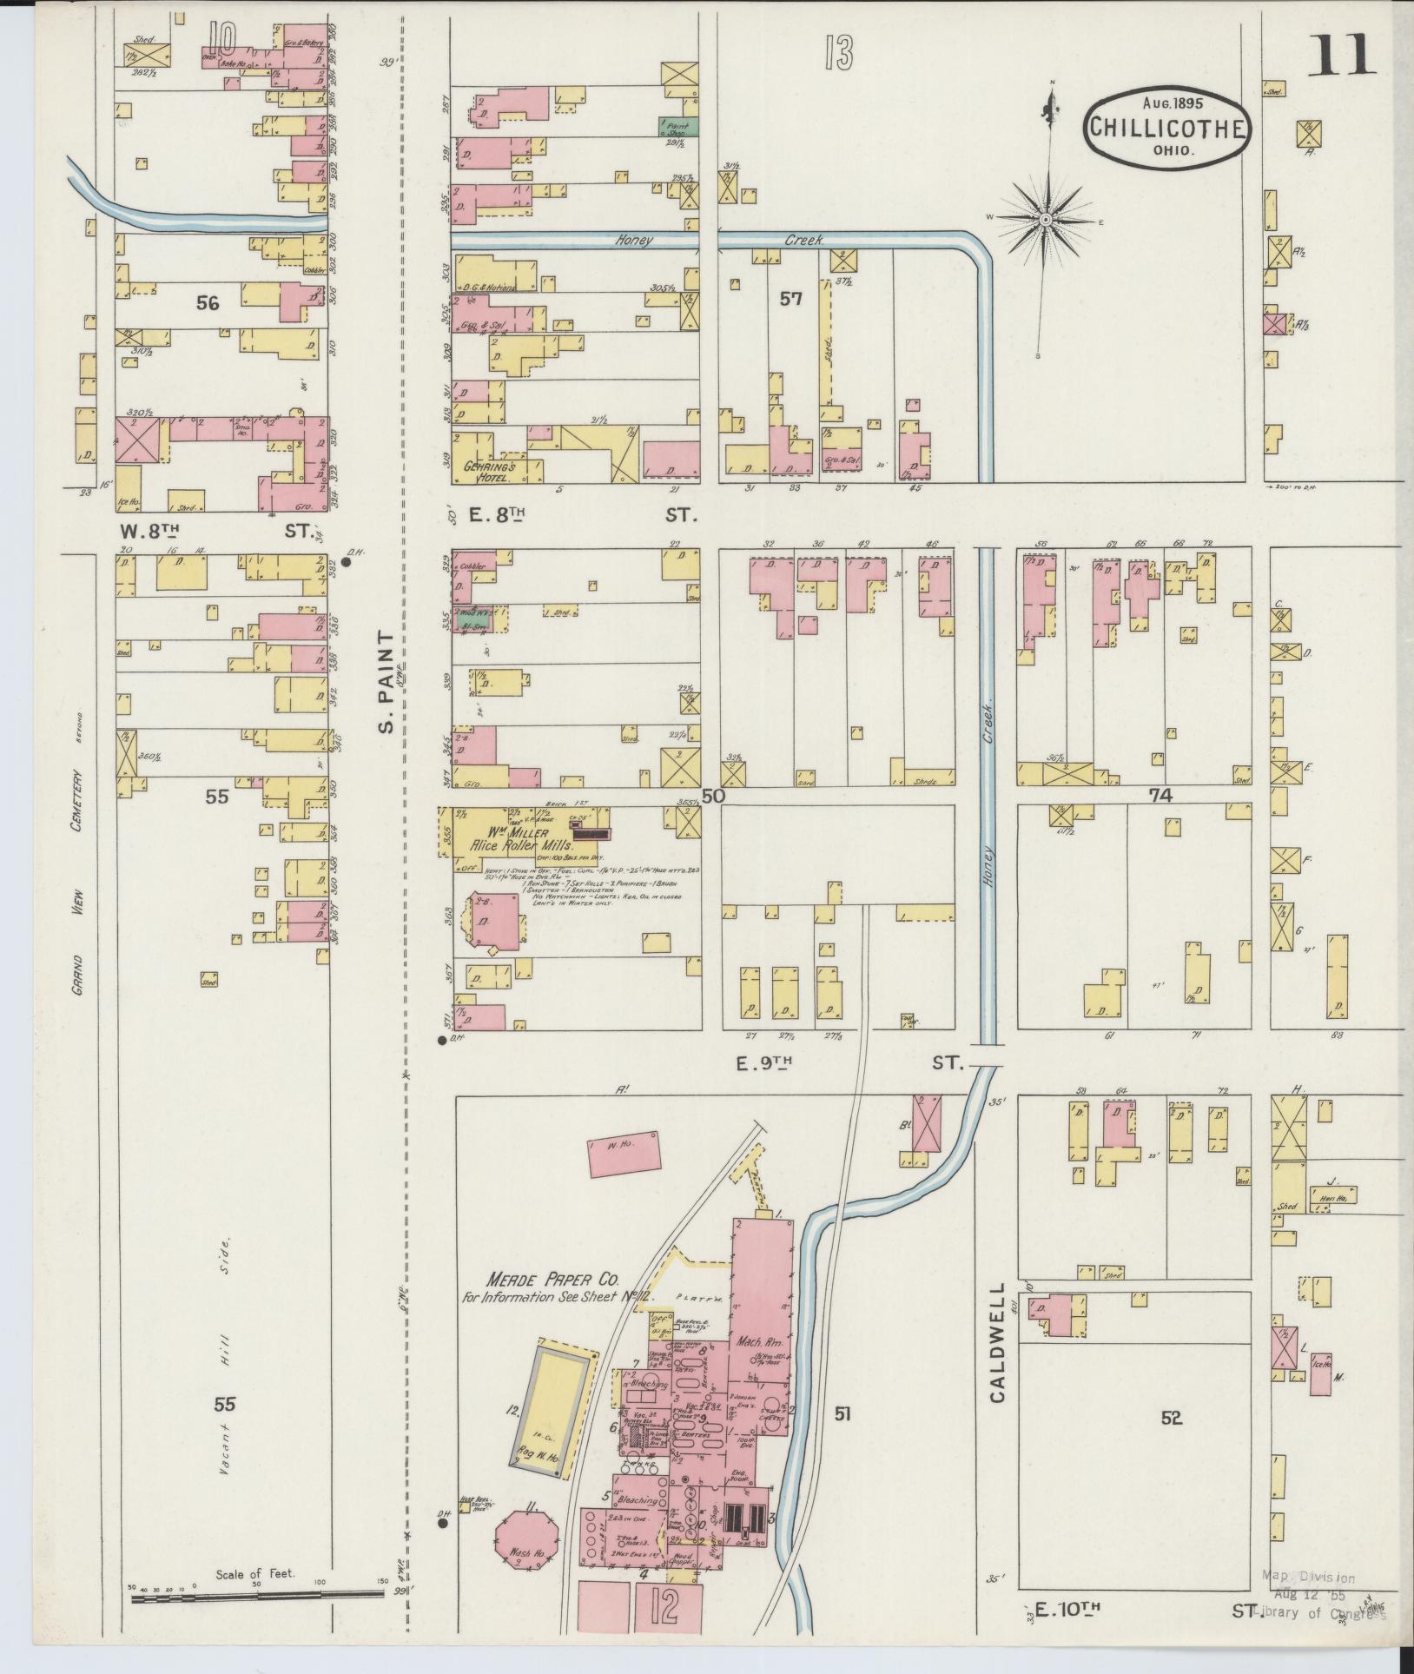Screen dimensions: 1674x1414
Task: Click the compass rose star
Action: point(1047,220)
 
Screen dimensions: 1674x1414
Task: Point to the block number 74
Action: point(1160,795)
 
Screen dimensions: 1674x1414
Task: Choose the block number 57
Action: point(790,299)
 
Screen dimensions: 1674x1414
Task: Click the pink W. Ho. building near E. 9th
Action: point(624,1158)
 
